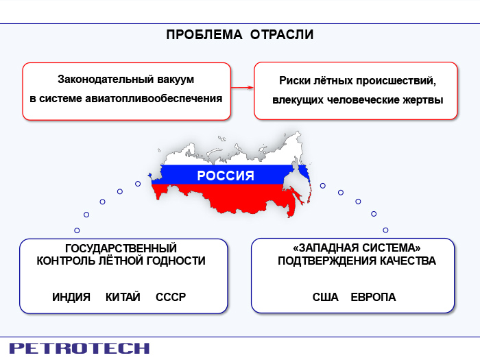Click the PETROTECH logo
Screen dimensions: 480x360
pos(80,348)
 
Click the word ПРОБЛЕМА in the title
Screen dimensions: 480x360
pos(204,34)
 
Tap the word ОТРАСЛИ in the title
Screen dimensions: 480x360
pos(282,34)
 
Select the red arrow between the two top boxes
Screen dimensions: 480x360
pos(242,88)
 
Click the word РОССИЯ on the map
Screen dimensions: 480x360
pos(226,176)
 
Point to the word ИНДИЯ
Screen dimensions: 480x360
pos(71,297)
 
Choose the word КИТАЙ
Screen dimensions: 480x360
pos(123,297)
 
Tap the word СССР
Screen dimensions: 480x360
pos(171,297)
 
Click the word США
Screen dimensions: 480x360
pos(326,297)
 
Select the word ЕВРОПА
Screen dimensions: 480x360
pos(373,297)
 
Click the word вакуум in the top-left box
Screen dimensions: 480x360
pos(176,80)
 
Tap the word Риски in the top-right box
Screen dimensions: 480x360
pos(295,81)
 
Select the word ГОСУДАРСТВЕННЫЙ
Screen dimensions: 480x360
pos(121,248)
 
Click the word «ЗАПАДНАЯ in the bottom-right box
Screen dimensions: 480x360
pos(326,248)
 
